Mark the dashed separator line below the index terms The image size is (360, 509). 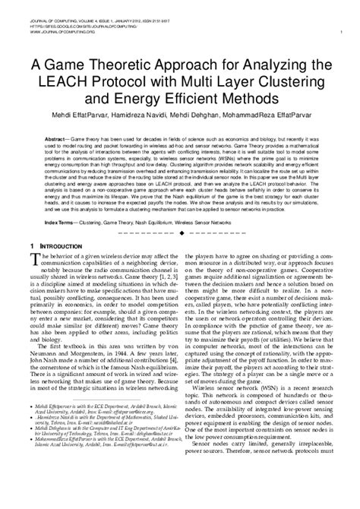180,231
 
